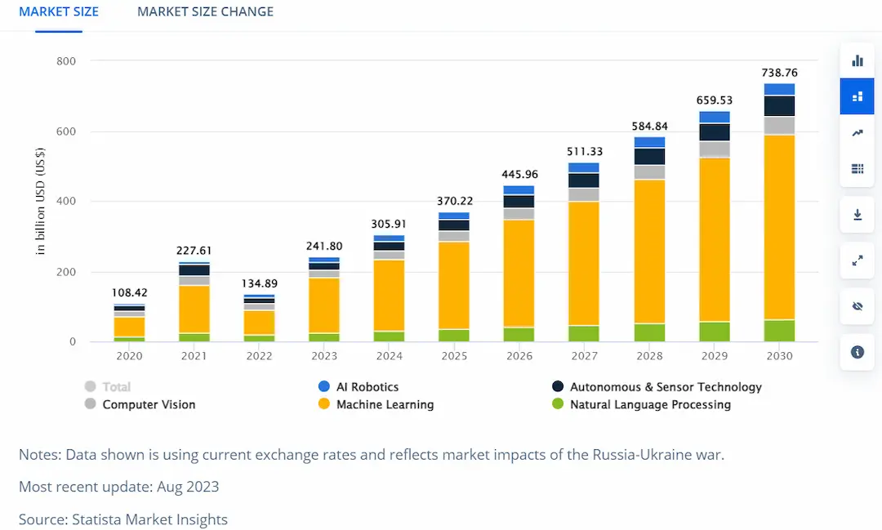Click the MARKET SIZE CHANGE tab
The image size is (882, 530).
(x=205, y=11)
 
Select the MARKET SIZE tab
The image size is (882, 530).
(x=59, y=11)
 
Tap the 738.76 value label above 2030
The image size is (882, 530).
(x=779, y=73)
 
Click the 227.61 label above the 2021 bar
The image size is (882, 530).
(x=194, y=251)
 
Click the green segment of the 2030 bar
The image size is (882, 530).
(x=779, y=331)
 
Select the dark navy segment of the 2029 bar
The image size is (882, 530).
(x=715, y=132)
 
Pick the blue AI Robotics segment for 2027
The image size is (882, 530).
(x=584, y=167)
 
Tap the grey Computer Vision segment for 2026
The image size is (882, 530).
(x=519, y=214)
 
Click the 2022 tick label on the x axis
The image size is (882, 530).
(x=259, y=356)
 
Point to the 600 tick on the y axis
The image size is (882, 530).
(x=65, y=131)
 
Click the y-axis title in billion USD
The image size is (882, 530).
(x=41, y=201)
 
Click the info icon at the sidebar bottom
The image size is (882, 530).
(x=857, y=352)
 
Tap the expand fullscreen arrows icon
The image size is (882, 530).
(x=857, y=261)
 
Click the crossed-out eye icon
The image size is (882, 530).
(x=857, y=306)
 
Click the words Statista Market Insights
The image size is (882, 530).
(x=149, y=519)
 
